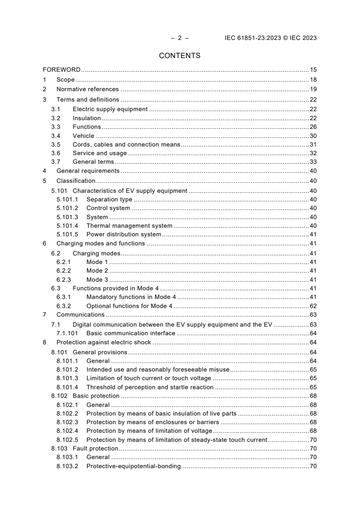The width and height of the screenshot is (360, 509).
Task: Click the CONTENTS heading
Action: click(180, 56)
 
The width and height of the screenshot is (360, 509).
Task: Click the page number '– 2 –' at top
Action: click(180, 38)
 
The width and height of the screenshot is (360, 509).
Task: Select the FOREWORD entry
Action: click(62, 70)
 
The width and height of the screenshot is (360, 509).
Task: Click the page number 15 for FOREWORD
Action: click(313, 70)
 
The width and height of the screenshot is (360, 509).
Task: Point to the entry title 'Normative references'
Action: click(88, 89)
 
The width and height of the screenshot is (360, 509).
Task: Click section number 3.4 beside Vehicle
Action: click(55, 136)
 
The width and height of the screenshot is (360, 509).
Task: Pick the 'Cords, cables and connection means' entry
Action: click(126, 145)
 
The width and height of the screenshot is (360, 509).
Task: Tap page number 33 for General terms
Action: click(313, 162)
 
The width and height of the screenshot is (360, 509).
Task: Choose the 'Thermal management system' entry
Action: click(129, 225)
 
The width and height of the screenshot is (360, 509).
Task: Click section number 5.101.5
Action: click(67, 235)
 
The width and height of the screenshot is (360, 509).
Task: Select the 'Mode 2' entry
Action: click(97, 270)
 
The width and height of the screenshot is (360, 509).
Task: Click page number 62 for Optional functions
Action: click(313, 306)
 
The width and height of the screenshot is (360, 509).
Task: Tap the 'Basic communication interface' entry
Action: click(131, 333)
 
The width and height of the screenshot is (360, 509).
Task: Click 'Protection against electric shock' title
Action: click(104, 343)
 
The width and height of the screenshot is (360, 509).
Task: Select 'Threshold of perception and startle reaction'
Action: click(150, 387)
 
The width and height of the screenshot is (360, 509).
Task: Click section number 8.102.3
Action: click(67, 422)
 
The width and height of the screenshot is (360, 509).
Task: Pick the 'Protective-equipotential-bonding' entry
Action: click(133, 466)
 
